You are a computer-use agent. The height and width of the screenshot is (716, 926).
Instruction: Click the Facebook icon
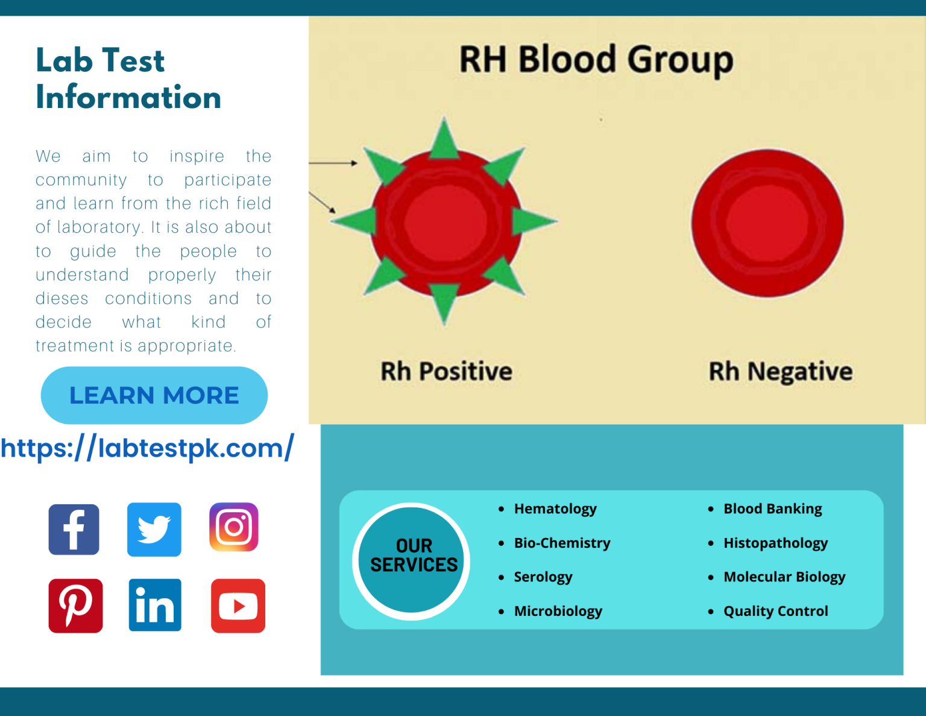click(74, 530)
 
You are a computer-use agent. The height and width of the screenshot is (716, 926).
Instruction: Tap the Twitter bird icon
click(154, 530)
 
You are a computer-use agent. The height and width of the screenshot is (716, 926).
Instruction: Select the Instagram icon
click(233, 527)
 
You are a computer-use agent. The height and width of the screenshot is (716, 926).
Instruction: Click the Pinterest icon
click(75, 606)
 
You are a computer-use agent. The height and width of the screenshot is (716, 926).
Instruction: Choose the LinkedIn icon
click(155, 605)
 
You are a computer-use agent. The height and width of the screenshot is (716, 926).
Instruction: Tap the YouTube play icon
click(238, 606)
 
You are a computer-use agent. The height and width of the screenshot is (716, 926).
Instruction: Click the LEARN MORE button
click(154, 395)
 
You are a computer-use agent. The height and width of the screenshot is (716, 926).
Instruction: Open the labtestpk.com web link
click(147, 448)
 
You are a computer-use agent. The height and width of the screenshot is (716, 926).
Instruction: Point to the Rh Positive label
click(446, 371)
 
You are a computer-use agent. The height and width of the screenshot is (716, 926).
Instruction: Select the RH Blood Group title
click(596, 60)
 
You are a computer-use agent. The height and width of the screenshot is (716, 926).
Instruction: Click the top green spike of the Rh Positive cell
click(444, 139)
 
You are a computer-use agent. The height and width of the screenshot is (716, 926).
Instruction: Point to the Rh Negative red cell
click(767, 223)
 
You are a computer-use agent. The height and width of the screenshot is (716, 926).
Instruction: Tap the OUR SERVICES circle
click(411, 560)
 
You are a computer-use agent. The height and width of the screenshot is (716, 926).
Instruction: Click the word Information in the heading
click(128, 97)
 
